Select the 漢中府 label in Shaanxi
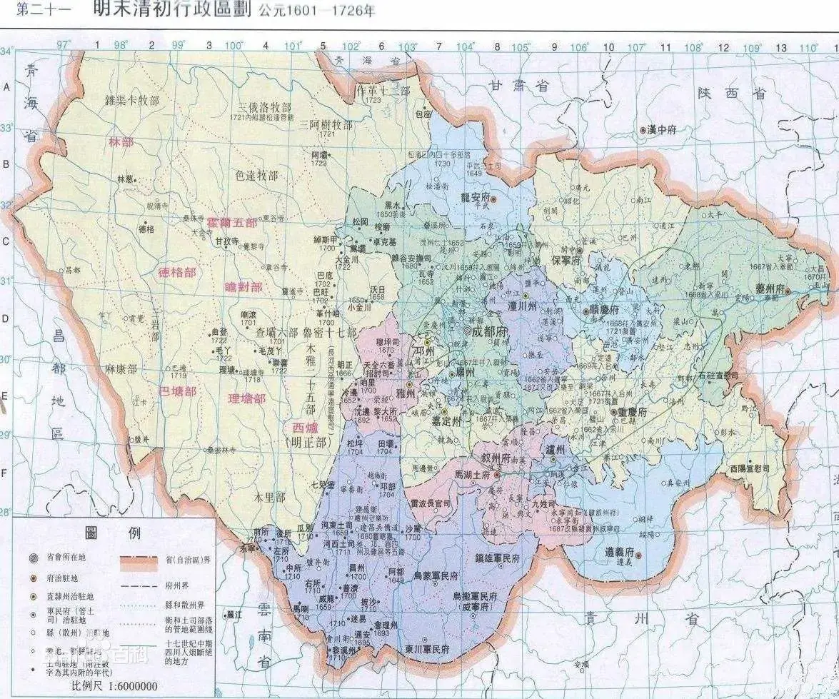(662, 130)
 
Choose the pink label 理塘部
(246, 398)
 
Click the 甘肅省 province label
(519, 86)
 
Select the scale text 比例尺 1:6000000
(114, 686)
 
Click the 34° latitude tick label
(6, 52)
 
